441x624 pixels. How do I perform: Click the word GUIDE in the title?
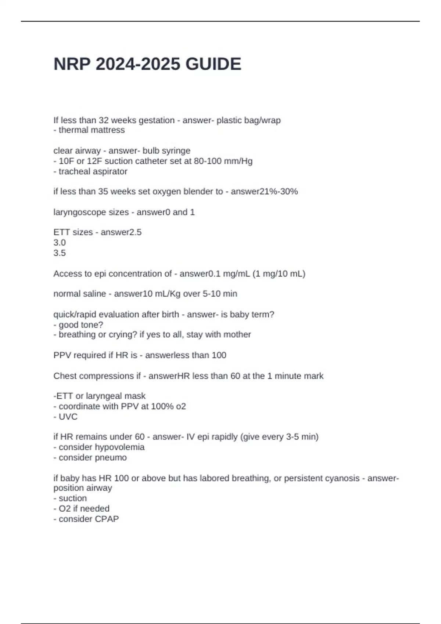coord(213,64)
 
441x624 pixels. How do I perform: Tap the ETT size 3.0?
coord(60,243)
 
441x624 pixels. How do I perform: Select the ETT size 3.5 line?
coord(60,253)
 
